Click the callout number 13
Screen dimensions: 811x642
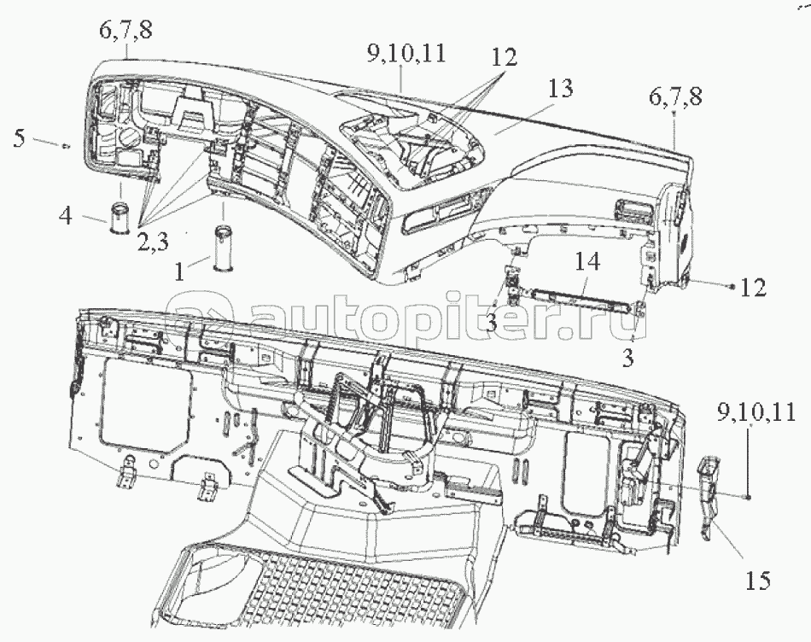560,89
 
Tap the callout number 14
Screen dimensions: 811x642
586,261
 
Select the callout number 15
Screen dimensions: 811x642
758,581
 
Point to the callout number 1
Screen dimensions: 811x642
179,271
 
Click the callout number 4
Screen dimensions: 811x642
65,215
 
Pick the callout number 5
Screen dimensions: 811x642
19,138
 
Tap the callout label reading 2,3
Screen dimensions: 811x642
153,242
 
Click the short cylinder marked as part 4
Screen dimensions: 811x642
120,219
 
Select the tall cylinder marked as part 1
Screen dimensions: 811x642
224,248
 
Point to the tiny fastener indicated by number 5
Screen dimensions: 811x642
66,146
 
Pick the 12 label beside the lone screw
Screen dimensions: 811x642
753,288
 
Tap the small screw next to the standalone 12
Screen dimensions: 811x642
730,285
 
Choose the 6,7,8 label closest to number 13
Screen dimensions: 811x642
675,96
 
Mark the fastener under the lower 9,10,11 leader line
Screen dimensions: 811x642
748,497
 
